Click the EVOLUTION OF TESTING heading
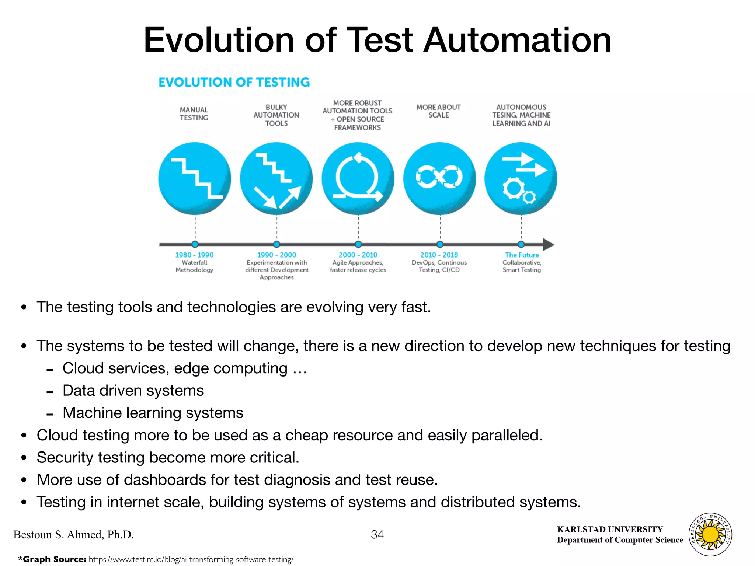point(234,82)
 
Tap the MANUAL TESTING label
point(194,114)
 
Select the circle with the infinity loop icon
point(439,178)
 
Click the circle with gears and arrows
point(521,178)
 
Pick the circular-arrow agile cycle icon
point(358,178)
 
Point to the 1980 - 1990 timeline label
point(194,255)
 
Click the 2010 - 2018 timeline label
point(439,255)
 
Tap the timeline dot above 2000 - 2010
point(358,244)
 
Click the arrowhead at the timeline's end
point(548,244)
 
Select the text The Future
point(522,255)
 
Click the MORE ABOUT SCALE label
point(438,111)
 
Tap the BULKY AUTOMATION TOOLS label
point(276,115)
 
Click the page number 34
point(377,534)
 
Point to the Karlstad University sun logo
point(710,534)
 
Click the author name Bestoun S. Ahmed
point(73,534)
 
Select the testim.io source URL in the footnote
point(191,559)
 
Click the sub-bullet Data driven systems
point(133,391)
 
